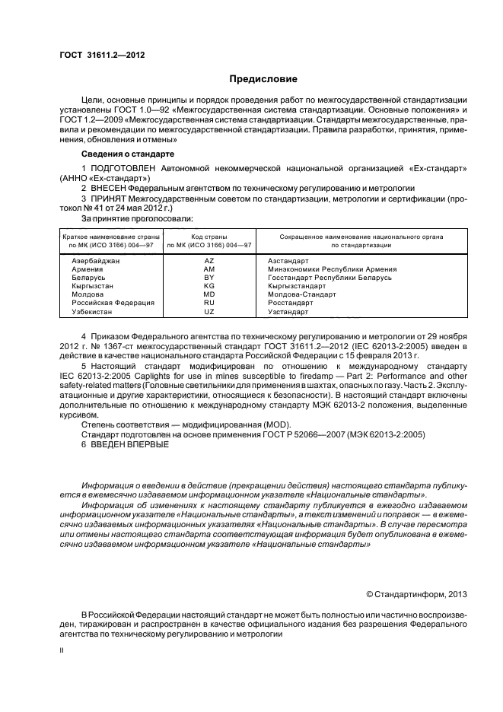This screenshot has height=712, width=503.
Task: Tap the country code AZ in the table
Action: point(209,260)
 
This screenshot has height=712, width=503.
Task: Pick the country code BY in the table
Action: point(209,278)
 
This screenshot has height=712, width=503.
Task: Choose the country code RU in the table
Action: point(209,303)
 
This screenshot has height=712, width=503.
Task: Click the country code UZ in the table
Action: point(209,312)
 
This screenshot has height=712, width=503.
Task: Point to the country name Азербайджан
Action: point(97,260)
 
